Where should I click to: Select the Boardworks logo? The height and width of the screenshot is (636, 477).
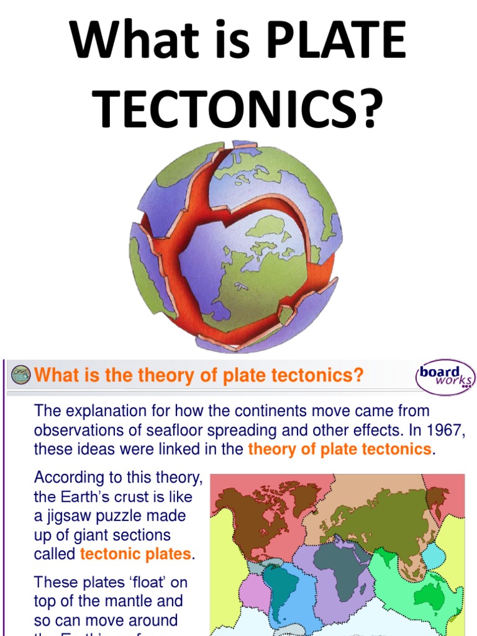click(445, 377)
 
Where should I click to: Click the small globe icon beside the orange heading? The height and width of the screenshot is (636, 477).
click(20, 375)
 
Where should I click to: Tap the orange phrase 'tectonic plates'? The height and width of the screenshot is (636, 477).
click(135, 554)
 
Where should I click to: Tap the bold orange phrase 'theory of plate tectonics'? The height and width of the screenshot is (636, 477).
click(339, 450)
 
